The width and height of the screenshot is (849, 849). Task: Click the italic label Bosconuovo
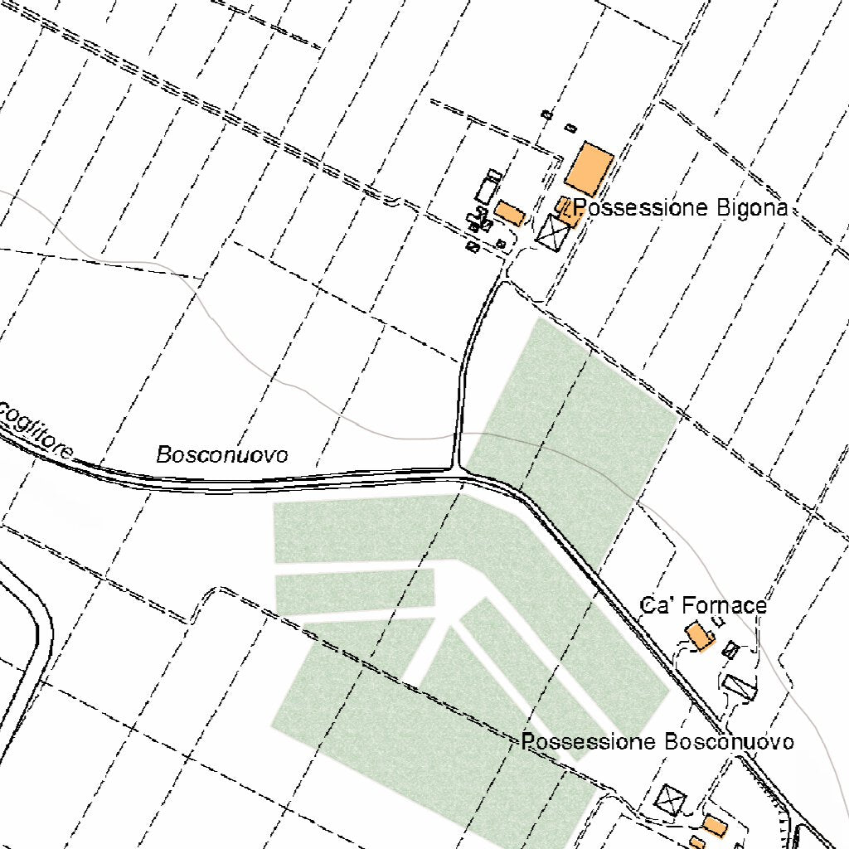pos(222,454)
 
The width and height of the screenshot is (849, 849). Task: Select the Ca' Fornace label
pos(703,605)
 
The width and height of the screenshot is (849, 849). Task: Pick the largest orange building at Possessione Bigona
pos(589,168)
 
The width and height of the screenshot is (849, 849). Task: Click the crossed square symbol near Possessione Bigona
pos(551,230)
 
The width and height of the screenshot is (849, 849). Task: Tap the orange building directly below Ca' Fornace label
pos(699,637)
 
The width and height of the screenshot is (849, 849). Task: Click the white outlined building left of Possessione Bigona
pos(488,188)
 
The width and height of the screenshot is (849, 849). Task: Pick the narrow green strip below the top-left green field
pos(355,590)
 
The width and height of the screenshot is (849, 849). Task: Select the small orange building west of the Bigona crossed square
pos(509,214)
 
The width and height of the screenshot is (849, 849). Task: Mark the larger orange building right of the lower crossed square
pos(714,826)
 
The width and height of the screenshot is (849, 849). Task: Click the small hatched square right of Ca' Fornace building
pos(730,649)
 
